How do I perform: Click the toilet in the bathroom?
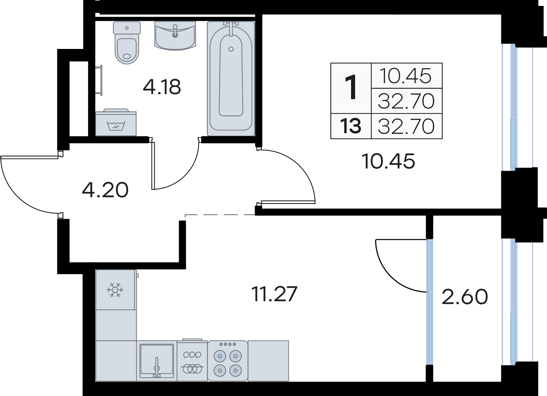point(127,45)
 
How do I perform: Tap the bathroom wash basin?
point(175,36)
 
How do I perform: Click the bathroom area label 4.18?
point(162,87)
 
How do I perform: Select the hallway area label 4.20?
point(105,190)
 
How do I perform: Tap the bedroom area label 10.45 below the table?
point(388,161)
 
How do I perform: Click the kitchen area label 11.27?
point(275,294)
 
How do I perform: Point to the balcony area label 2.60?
point(464,297)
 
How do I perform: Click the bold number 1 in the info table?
point(351,88)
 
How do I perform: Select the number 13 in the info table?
point(351,126)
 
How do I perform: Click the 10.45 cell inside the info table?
point(406,76)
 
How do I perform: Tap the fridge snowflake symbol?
point(115,290)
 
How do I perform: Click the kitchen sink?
point(157,360)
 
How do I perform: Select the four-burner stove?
point(228,361)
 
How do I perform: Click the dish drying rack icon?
point(192,361)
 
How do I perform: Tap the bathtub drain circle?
point(231,49)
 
